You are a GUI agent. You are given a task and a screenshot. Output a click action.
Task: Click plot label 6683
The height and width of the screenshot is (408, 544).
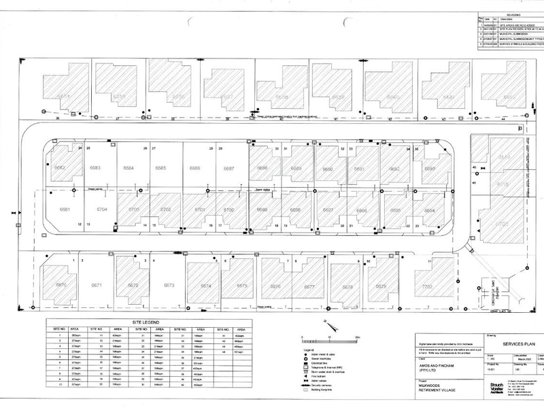click(x=95, y=168)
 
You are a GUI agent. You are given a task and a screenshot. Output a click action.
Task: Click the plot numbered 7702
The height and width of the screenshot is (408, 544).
click(x=428, y=286)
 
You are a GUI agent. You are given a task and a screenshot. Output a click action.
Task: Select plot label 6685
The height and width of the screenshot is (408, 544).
click(x=161, y=168)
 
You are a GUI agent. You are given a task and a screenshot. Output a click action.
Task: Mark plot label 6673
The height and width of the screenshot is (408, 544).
click(x=169, y=286)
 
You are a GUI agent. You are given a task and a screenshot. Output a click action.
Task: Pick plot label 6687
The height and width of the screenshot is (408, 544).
click(x=228, y=168)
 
